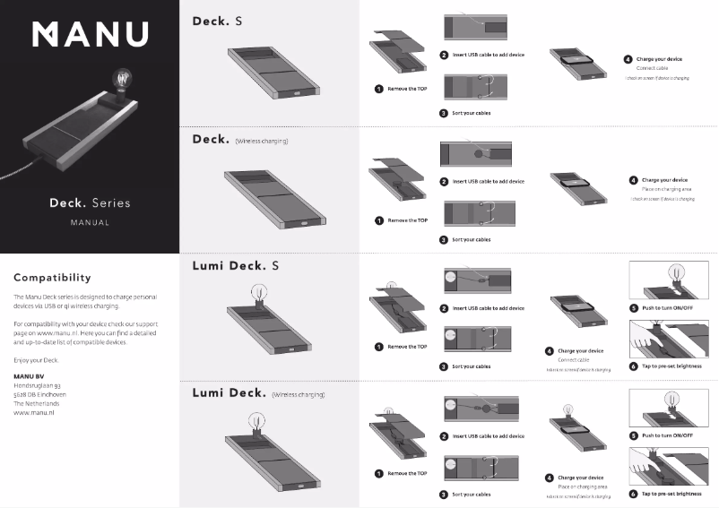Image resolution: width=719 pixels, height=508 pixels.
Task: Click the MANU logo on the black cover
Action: [90, 33]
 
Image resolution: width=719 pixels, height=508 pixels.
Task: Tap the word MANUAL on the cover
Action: [90, 223]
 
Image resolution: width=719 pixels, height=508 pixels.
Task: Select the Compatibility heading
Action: [52, 277]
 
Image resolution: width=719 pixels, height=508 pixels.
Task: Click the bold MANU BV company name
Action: [29, 375]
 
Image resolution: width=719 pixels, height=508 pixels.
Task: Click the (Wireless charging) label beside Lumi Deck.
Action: [299, 393]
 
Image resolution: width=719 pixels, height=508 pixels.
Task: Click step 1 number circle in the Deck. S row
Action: [379, 89]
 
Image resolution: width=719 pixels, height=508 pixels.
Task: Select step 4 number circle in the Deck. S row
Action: [628, 59]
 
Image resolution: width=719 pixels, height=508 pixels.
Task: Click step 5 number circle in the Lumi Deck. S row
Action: [634, 308]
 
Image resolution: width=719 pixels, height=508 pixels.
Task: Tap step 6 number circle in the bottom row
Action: [634, 493]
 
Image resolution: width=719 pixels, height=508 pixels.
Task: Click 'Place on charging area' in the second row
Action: [667, 189]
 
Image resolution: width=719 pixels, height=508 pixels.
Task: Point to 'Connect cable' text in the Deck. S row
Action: [652, 68]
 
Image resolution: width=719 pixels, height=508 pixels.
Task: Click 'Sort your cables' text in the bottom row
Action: [471, 494]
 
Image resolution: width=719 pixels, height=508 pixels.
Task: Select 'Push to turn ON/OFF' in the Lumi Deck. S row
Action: [667, 308]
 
